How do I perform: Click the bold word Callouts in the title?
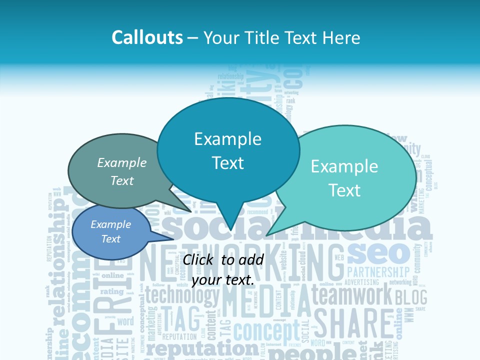point(147,38)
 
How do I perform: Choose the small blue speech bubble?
point(111,232)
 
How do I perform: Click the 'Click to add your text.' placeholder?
point(223,270)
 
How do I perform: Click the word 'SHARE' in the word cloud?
point(353,324)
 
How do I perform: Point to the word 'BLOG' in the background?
point(411,297)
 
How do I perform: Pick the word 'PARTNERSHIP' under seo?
point(378,272)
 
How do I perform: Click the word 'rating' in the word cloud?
point(112,291)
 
